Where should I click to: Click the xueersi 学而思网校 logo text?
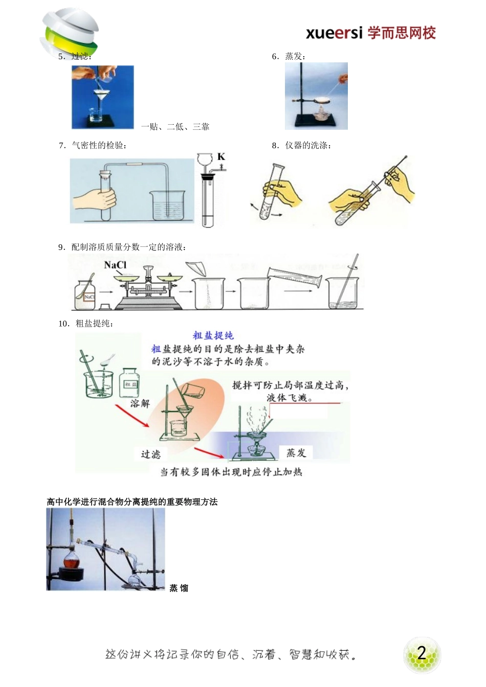370,33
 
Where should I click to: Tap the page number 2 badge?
422,653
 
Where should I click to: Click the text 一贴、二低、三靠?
175,127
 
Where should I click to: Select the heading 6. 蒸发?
289,56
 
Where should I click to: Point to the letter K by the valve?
221,157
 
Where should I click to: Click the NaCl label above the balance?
115,265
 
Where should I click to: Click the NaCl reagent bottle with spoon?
85,294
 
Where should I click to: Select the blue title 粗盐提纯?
213,336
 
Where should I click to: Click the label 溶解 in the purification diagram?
140,403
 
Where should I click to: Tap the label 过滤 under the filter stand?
150,454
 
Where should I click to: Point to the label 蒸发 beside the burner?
296,453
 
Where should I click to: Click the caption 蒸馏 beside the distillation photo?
179,588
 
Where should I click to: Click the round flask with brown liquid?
72,561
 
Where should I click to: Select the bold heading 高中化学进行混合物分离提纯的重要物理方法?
132,502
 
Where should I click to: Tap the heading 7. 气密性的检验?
93,146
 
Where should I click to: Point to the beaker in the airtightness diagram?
167,205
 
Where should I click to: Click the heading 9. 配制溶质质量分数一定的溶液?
122,247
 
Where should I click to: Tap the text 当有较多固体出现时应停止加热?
231,472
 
